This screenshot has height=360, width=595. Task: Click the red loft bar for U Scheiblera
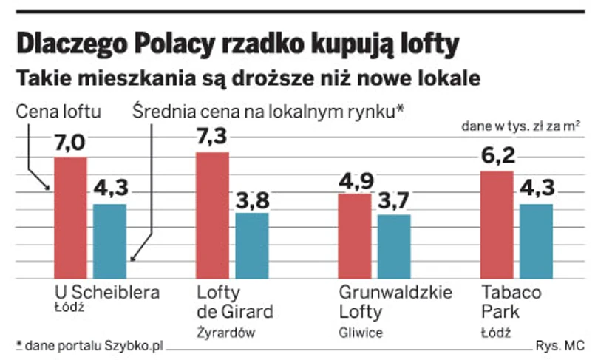pyautogui.click(x=71, y=218)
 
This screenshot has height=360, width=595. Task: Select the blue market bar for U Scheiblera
pyautogui.click(x=110, y=241)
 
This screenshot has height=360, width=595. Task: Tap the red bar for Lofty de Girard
pyautogui.click(x=212, y=215)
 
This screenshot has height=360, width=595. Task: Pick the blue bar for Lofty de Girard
pyautogui.click(x=252, y=245)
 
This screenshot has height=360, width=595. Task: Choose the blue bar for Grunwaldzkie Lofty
pyautogui.click(x=394, y=246)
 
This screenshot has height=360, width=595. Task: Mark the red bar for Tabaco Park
pyautogui.click(x=496, y=225)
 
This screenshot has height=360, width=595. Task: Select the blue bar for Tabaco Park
pyautogui.click(x=537, y=241)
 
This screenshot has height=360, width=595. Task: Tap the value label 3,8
pyautogui.click(x=252, y=199)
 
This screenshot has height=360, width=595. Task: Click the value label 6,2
pyautogui.click(x=497, y=157)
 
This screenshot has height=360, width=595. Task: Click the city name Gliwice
pyautogui.click(x=360, y=332)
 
